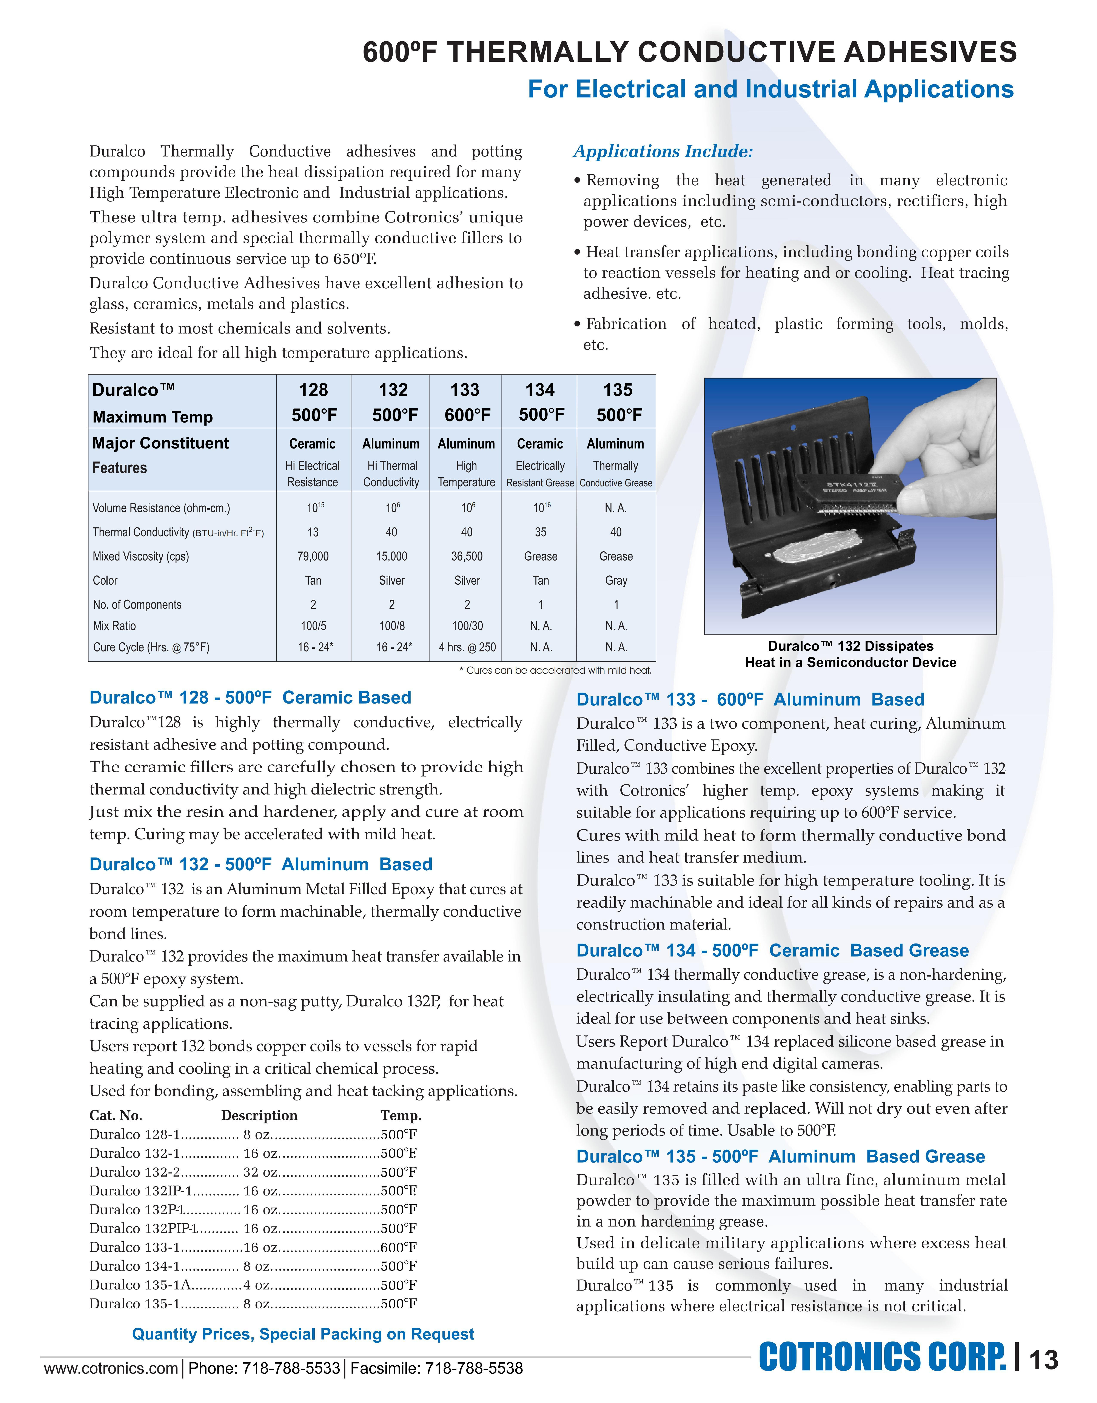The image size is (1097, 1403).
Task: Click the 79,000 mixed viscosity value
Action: click(x=313, y=556)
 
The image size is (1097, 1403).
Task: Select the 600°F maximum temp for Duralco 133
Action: click(x=467, y=415)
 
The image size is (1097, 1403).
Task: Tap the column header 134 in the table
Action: click(x=540, y=390)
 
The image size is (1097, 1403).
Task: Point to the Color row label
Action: click(x=105, y=581)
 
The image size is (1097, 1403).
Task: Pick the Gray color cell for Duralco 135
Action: click(x=616, y=581)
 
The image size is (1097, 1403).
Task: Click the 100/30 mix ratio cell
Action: click(x=467, y=626)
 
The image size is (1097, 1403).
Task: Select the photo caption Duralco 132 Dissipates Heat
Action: click(x=850, y=654)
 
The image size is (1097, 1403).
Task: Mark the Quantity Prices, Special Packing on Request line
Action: click(x=303, y=1334)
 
